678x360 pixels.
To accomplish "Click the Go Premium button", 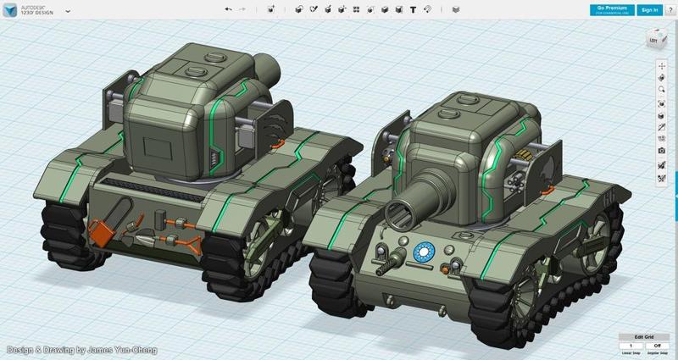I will (x=611, y=9).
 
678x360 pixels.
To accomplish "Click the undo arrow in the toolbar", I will (x=227, y=10).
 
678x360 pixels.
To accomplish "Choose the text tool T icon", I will (x=413, y=10).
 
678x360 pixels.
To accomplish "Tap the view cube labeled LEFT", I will (x=654, y=40).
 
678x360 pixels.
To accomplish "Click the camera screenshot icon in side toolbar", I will (x=661, y=151).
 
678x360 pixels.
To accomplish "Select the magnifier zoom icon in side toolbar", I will (x=661, y=89).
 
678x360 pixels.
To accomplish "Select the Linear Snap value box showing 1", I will (x=631, y=346).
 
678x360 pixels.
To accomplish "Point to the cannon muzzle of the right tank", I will (x=398, y=211).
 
